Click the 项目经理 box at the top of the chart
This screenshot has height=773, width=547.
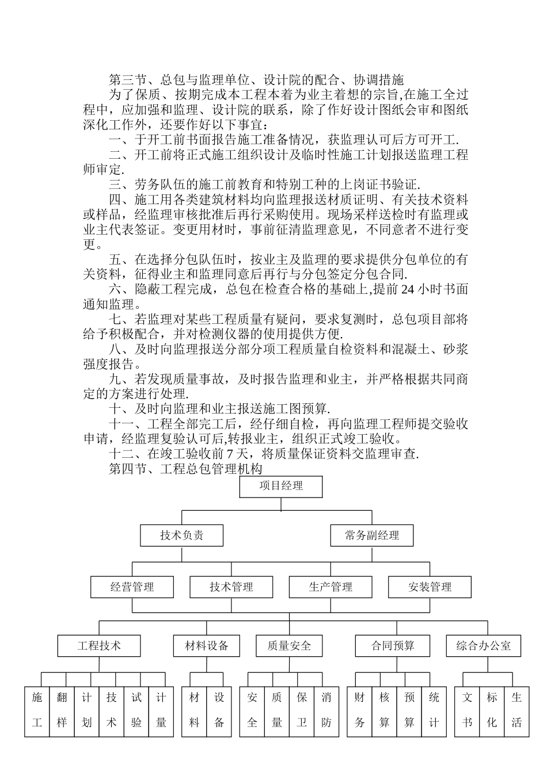click(x=280, y=486)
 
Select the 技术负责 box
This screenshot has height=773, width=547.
click(x=181, y=535)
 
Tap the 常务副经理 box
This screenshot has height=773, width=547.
click(x=372, y=535)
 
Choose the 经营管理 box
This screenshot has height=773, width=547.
click(x=132, y=587)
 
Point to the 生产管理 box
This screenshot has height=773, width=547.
click(x=330, y=587)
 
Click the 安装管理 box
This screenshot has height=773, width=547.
click(x=430, y=587)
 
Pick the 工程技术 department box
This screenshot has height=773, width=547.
click(x=99, y=645)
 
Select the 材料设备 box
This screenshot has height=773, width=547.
click(x=206, y=645)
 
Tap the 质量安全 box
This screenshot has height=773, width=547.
click(x=288, y=645)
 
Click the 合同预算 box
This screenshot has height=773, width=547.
click(x=393, y=645)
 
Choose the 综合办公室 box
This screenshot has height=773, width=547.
click(x=484, y=645)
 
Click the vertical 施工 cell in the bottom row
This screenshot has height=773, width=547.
click(x=37, y=711)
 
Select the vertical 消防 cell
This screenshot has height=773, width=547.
click(x=326, y=711)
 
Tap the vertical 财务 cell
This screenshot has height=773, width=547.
click(x=360, y=711)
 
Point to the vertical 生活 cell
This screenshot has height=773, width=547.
click(x=516, y=711)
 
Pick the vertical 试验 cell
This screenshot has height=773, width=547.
click(x=136, y=711)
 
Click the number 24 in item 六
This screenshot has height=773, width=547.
click(x=407, y=289)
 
